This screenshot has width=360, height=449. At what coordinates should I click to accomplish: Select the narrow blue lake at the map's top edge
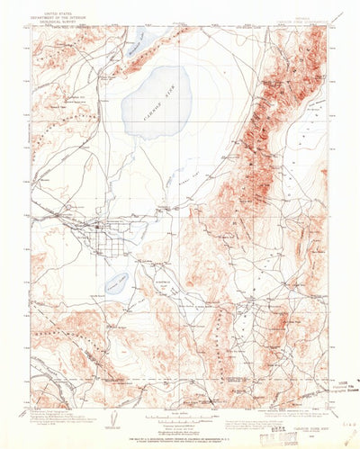(136, 39)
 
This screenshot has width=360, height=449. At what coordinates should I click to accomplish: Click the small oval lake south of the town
(114, 284)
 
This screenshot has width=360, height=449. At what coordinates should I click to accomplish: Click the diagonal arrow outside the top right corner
(338, 16)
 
